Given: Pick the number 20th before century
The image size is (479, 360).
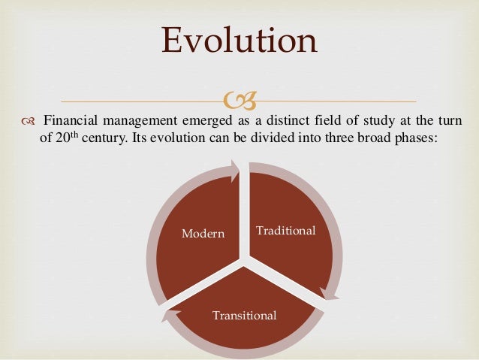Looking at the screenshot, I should (x=71, y=140).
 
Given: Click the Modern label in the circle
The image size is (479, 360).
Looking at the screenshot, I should (x=203, y=234).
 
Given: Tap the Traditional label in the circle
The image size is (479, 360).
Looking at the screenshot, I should (x=285, y=230).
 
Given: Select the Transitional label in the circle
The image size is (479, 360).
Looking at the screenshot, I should (x=244, y=314).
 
